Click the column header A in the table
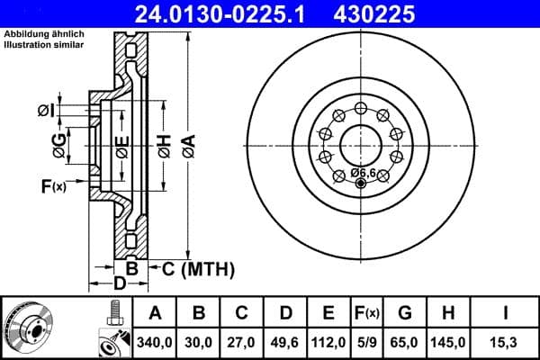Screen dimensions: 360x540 point(155,314)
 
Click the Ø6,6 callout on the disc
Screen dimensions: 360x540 point(363,172)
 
